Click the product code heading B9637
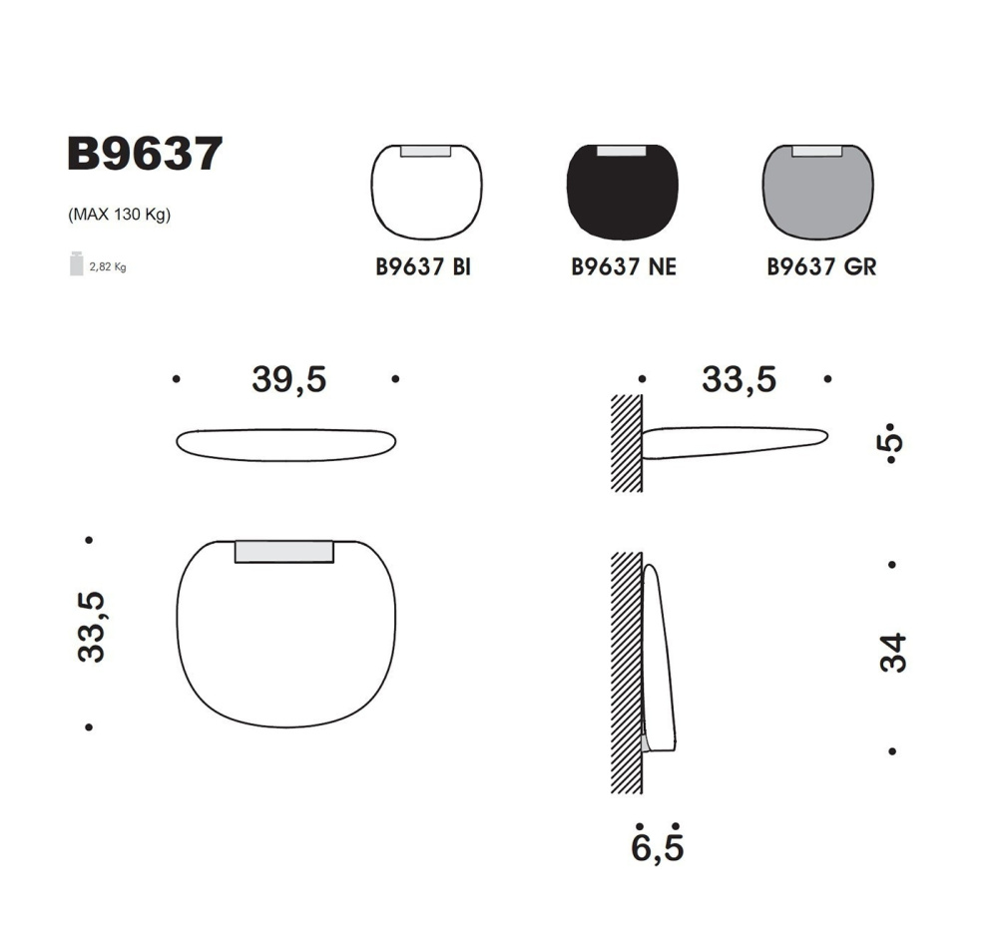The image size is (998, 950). click(144, 155)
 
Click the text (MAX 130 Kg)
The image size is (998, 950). click(119, 215)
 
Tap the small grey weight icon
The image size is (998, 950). click(76, 263)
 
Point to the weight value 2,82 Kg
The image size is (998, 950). click(108, 266)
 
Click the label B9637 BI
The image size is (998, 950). click(423, 267)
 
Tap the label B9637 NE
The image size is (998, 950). click(623, 267)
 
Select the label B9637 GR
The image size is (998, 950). click(821, 267)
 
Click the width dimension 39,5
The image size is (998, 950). click(288, 379)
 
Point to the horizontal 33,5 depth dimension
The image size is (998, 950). click(739, 379)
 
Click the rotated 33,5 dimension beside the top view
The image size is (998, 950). click(91, 627)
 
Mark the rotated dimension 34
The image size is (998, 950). click(893, 653)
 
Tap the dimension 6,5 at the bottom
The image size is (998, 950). click(658, 848)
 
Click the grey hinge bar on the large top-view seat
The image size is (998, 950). click(284, 552)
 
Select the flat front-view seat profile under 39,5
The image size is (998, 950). click(286, 444)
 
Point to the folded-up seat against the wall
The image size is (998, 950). click(661, 659)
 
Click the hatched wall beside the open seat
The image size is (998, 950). click(626, 442)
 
